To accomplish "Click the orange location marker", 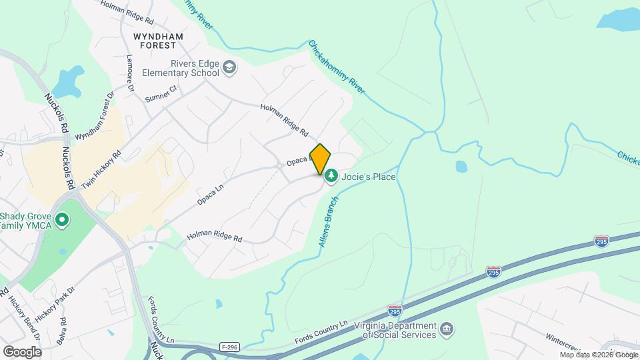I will click(x=320, y=158).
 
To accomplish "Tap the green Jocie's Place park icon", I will click(x=331, y=177).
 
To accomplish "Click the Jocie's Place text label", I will click(x=369, y=177).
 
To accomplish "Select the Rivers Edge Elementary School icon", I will click(x=229, y=67).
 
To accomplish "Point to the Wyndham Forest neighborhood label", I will click(x=155, y=41).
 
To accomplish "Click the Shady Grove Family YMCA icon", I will click(x=62, y=219).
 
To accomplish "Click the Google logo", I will click(x=22, y=351).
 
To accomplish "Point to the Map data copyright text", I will click(x=598, y=355).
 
